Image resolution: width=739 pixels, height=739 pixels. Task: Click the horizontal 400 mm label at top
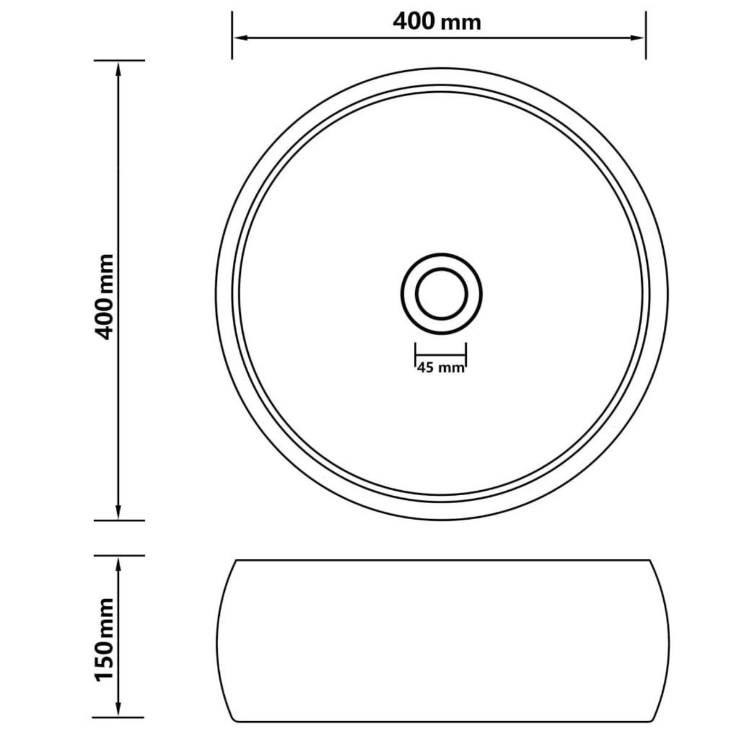click(437, 22)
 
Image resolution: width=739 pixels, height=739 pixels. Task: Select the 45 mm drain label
click(440, 368)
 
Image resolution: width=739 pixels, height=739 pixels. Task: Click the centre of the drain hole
click(441, 293)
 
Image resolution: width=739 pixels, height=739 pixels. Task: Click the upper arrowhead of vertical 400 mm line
click(118, 68)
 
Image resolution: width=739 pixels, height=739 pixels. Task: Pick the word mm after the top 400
click(461, 23)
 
